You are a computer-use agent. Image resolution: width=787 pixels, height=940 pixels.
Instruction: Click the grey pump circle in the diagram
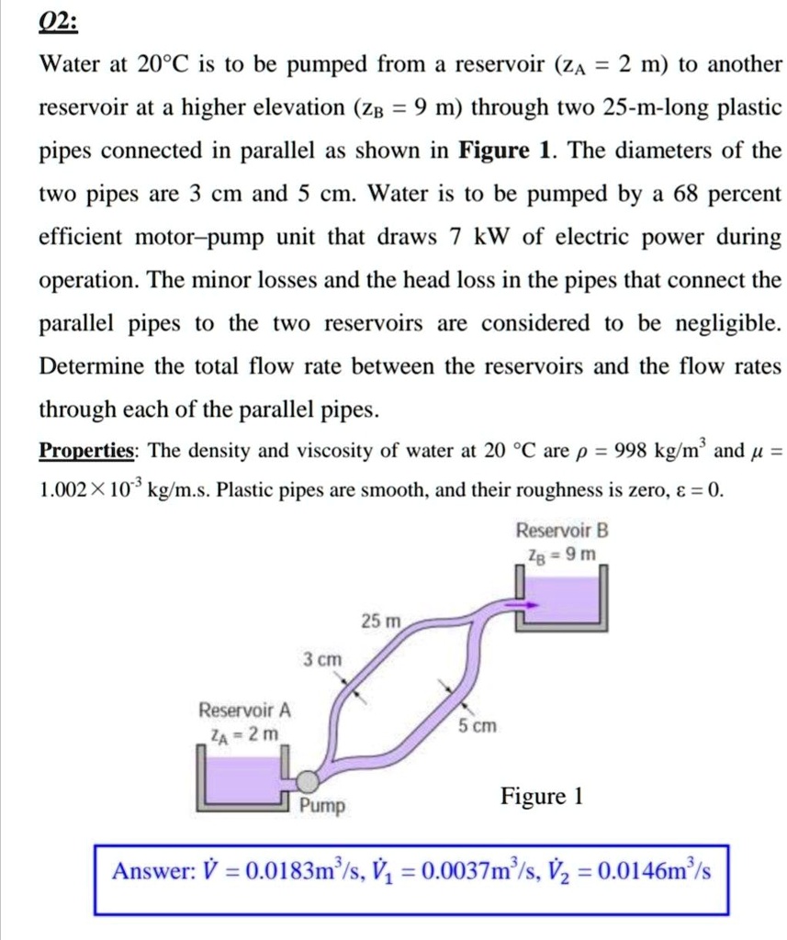(x=307, y=780)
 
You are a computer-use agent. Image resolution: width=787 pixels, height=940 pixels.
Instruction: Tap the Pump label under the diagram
(x=322, y=806)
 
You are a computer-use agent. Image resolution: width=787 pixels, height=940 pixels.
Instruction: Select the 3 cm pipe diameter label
(x=321, y=659)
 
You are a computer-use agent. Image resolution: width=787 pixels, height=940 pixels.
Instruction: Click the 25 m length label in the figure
(x=380, y=621)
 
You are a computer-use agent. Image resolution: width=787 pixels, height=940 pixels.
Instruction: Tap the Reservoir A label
(x=245, y=711)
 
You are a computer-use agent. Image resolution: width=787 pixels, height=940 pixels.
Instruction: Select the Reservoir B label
(x=562, y=531)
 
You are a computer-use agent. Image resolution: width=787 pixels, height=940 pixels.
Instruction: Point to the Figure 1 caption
(x=542, y=795)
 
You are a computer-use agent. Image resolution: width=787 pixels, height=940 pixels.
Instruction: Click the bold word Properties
(x=87, y=451)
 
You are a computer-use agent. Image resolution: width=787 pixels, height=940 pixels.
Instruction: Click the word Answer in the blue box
(x=147, y=870)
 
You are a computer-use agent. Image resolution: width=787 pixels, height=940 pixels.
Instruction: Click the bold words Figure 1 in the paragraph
(x=498, y=151)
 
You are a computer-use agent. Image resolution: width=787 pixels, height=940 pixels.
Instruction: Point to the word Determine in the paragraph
(x=92, y=367)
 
